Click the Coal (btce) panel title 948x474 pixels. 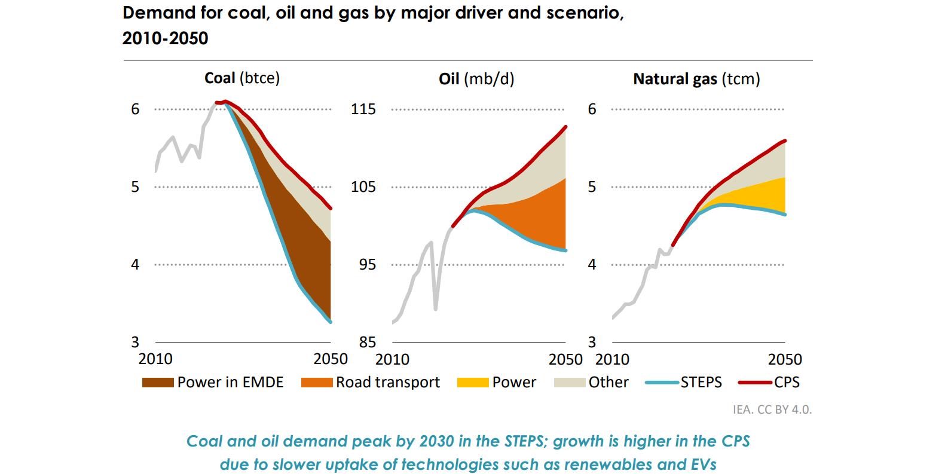tap(242, 78)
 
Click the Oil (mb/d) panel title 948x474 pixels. tap(476, 79)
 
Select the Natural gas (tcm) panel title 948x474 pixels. tap(696, 79)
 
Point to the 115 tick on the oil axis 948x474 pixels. tap(363, 109)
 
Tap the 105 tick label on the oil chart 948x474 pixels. tap(363, 187)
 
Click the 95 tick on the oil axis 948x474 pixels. tap(367, 265)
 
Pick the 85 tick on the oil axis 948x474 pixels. tap(367, 342)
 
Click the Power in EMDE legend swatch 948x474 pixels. tap(158, 383)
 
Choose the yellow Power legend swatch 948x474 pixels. tap(472, 383)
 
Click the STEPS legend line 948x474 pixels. tap(662, 383)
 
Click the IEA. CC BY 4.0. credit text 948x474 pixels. tap(772, 409)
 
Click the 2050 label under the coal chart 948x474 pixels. tap(331, 359)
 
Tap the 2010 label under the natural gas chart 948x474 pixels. tap(612, 360)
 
